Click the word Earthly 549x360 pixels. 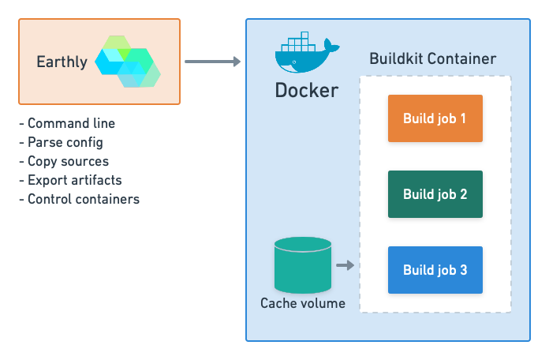[x=62, y=62]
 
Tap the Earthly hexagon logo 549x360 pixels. [x=128, y=61]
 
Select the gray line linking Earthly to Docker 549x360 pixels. [x=207, y=61]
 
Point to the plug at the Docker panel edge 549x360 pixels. [x=239, y=61]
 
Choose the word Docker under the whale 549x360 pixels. [x=306, y=90]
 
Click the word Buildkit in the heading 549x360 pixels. [x=399, y=59]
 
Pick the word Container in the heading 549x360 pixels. [x=465, y=59]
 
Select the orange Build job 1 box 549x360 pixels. [x=435, y=118]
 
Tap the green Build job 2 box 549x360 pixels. [x=435, y=194]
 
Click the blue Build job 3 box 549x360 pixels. [x=435, y=270]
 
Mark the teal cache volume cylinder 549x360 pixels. [x=302, y=266]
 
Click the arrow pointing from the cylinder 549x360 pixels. [x=345, y=265]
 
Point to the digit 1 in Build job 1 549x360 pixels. [x=463, y=118]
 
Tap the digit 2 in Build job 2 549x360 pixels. [x=463, y=194]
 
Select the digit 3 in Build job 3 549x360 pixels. [x=463, y=270]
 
